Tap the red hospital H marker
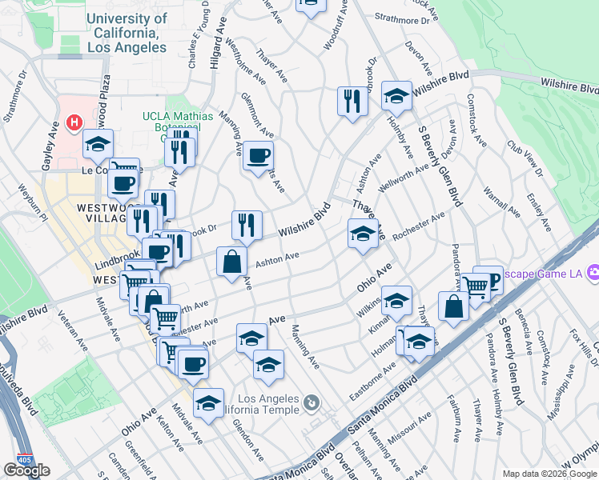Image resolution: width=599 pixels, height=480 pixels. tap(74, 122)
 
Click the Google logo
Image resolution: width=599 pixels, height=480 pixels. tap(26, 470)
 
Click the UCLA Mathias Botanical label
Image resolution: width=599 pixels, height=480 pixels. tap(177, 122)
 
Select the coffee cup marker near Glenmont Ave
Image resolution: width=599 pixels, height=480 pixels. tap(258, 155)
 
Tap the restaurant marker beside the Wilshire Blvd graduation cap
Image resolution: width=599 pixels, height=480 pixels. tap(352, 101)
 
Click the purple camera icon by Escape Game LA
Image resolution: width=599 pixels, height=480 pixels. tap(593, 273)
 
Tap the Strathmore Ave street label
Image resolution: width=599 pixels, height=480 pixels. tap(403, 17)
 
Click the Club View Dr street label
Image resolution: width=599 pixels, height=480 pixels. tap(525, 161)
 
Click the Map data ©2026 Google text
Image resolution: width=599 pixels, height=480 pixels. tap(549, 474)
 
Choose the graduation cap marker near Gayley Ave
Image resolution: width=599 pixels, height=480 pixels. tap(98, 144)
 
